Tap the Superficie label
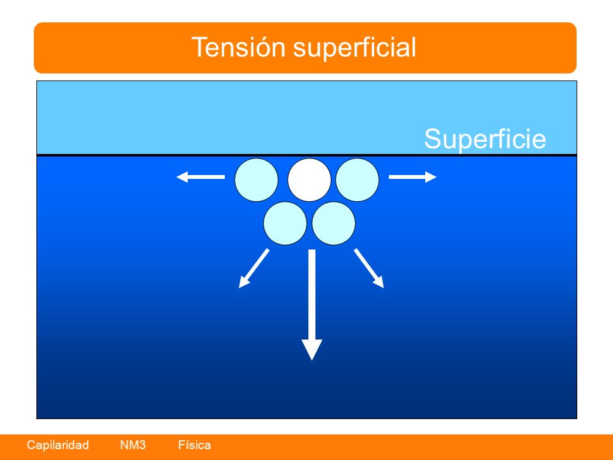(x=485, y=139)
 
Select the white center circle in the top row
(x=309, y=180)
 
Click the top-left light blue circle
(x=257, y=180)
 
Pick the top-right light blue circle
(x=358, y=180)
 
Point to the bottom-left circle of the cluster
(x=285, y=224)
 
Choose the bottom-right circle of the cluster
(x=333, y=224)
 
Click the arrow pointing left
(x=201, y=177)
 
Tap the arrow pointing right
(x=412, y=177)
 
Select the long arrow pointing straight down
(x=312, y=305)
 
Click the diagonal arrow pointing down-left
(x=254, y=268)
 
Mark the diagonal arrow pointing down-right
(x=369, y=268)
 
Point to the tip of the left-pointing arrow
(x=177, y=177)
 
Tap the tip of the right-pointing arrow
(x=437, y=177)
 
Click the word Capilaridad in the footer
(x=58, y=445)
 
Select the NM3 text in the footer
(x=133, y=445)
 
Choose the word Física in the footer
(x=194, y=445)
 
